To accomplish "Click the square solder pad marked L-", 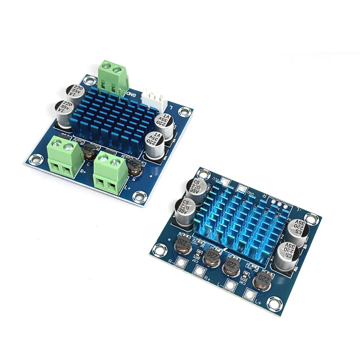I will (x=230, y=285).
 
